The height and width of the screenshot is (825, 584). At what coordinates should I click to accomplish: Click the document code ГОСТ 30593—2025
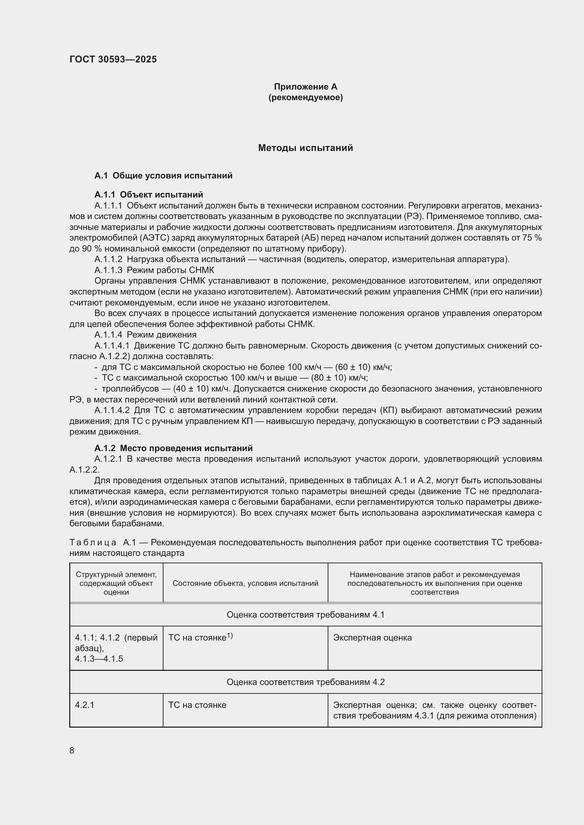coord(113,59)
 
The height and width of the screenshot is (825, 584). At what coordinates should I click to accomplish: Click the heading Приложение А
coord(305,87)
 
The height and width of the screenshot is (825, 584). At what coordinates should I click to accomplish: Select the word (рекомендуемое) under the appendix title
coord(305,97)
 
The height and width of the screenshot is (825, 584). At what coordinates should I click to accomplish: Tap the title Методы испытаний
coord(305,148)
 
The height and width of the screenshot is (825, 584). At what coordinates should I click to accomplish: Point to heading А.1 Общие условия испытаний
coord(163,176)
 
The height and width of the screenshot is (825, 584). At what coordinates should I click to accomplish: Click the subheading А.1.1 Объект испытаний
coord(149,195)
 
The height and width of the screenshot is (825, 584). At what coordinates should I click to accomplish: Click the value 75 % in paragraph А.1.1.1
coord(532,238)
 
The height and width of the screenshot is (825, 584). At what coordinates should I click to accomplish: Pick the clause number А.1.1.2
coord(108,260)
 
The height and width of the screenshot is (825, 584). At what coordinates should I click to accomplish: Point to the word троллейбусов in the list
coord(130,389)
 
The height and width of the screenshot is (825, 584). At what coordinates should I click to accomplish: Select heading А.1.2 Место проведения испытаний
coord(173,448)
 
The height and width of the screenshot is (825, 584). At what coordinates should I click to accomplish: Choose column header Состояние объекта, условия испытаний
coord(245,583)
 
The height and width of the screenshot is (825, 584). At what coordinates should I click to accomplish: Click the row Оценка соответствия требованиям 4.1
coord(305,615)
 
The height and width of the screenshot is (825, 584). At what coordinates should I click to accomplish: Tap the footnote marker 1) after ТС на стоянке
coord(230,636)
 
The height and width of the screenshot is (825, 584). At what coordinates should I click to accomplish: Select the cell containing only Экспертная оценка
coord(372,638)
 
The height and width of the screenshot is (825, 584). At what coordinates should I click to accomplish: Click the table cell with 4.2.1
coord(84,705)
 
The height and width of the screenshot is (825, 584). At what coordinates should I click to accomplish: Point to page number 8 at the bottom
coord(72,751)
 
